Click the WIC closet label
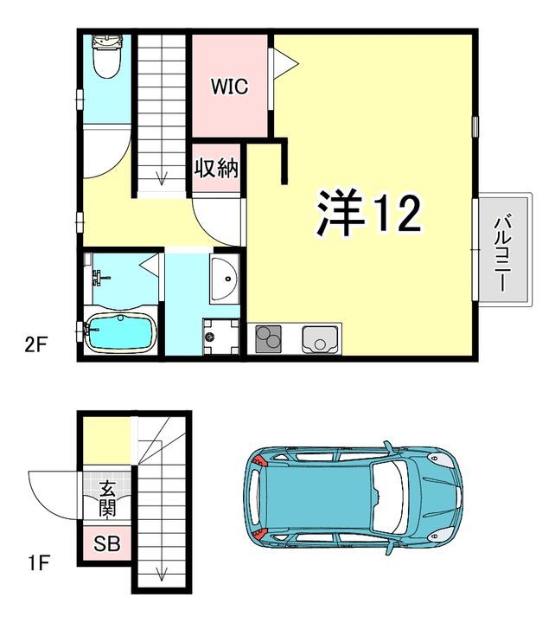tap(229, 87)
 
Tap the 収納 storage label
tap(216, 168)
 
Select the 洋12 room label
tap(367, 212)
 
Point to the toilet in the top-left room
tap(106, 59)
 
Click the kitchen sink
tap(321, 338)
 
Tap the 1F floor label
tap(35, 563)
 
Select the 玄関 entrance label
tap(107, 498)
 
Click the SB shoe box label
tap(107, 544)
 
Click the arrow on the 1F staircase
tap(161, 571)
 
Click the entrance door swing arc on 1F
tap(48, 493)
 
